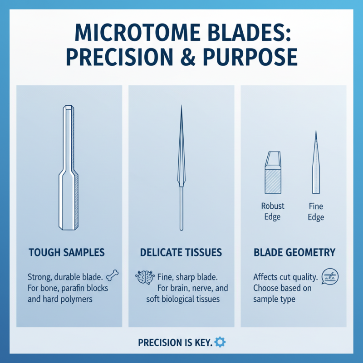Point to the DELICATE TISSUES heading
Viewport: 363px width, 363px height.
pos(181,253)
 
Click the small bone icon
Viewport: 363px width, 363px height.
pos(111,275)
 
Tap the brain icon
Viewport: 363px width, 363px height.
pos(144,277)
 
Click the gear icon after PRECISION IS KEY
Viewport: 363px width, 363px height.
pos(220,342)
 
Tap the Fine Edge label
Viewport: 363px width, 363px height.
pos(316,211)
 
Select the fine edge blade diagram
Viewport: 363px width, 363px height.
pos(315,163)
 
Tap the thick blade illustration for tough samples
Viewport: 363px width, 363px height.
pos(70,168)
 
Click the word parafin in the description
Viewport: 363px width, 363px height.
pos(76,288)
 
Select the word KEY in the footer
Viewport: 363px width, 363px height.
pos(203,342)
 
